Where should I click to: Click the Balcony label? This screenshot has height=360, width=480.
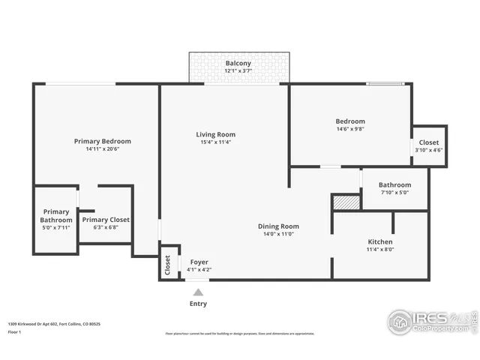tap(238, 64)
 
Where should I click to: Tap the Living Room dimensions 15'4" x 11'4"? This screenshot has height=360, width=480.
tap(216, 142)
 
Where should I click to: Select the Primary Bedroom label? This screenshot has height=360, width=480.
tap(102, 141)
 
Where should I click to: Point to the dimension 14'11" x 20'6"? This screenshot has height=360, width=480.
tap(102, 148)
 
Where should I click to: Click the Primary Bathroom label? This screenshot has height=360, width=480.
tap(55, 215)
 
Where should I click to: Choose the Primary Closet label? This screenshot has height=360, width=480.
tap(106, 220)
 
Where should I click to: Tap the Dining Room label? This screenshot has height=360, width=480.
tap(278, 226)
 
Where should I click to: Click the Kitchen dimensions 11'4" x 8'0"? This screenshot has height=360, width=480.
tap(380, 250)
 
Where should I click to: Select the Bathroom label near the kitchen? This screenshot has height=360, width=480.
tap(394, 184)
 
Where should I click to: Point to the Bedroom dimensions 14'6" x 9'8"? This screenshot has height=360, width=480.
tap(350, 129)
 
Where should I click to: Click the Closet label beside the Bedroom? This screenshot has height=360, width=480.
tap(429, 142)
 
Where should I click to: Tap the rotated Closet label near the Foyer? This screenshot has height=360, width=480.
tap(167, 266)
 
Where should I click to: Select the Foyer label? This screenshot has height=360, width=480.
tap(199, 262)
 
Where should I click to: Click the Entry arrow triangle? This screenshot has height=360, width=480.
tap(198, 291)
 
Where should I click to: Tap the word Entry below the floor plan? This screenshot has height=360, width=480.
tap(198, 304)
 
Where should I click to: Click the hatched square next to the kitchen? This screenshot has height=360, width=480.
tap(346, 202)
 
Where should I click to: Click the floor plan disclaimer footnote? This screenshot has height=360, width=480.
tap(239, 334)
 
